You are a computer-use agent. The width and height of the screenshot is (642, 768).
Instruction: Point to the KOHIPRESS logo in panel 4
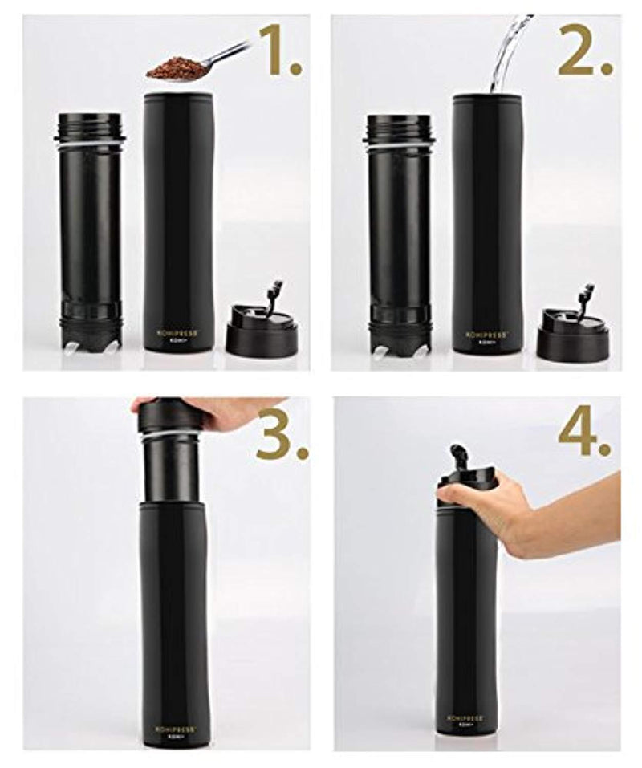[x=466, y=717]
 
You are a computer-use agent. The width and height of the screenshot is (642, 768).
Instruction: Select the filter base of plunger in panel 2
[x=399, y=337]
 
